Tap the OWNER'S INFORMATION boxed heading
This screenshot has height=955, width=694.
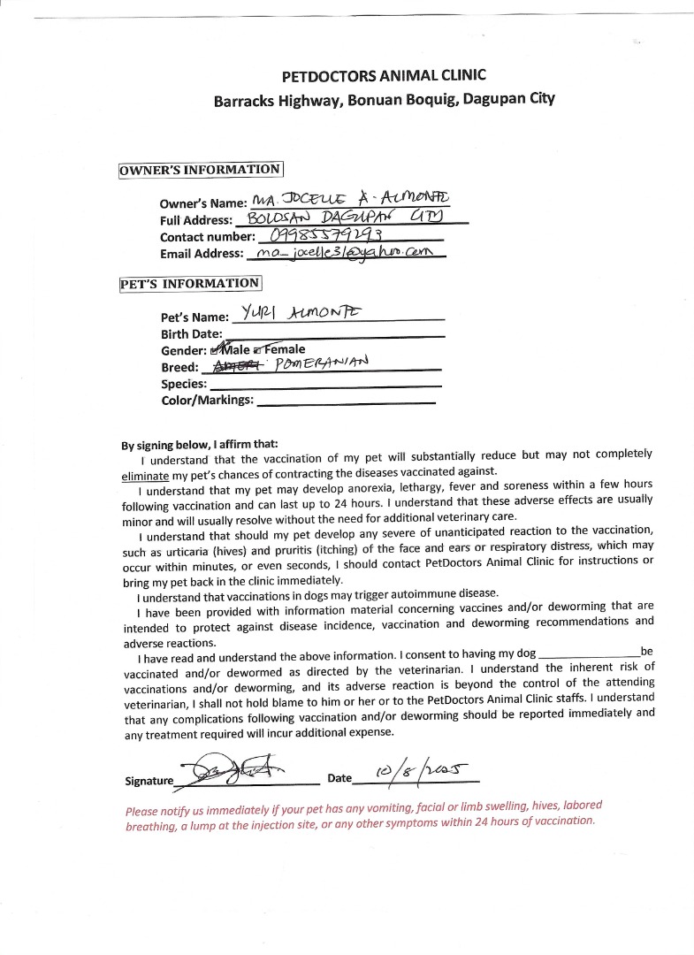coord(201,170)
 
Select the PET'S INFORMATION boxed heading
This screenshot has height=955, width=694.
coord(190,284)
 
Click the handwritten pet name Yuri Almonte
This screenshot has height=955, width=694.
coord(296,313)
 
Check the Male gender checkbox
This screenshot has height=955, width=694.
coord(216,350)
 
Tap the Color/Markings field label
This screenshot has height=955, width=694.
coord(207,401)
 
